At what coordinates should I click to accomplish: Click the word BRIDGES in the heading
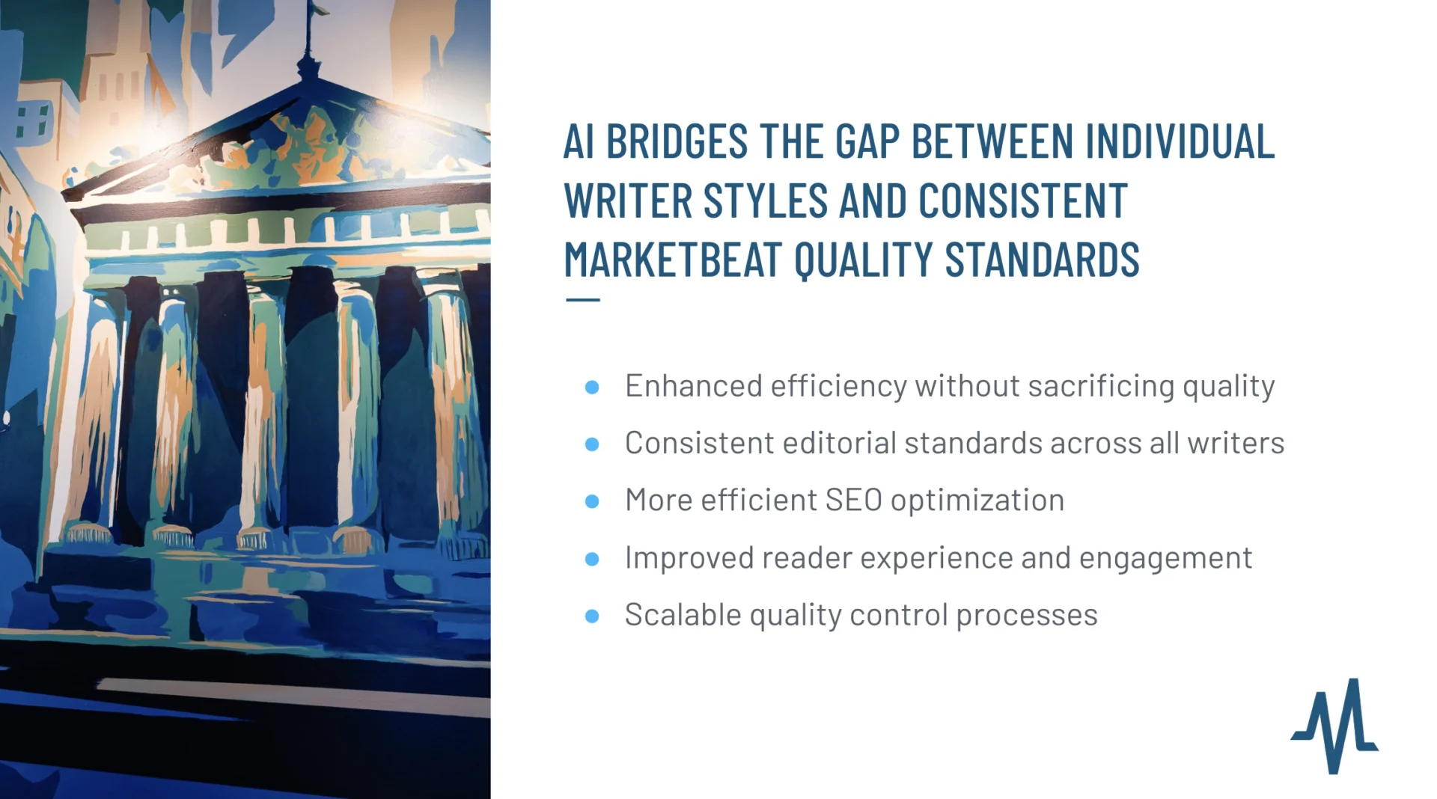click(x=677, y=141)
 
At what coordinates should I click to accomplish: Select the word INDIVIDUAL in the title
click(x=1180, y=141)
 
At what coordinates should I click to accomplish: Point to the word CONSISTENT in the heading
click(x=1022, y=200)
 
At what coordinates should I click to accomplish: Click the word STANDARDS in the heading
click(x=1042, y=259)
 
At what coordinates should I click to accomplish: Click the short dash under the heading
click(x=583, y=300)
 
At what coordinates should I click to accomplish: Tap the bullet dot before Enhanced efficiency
click(x=592, y=387)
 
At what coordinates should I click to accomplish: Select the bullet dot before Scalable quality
click(x=592, y=616)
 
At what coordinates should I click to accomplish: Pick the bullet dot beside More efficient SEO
click(x=592, y=501)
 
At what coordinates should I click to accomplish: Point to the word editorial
click(x=839, y=443)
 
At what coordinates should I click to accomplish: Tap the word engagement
click(x=1165, y=558)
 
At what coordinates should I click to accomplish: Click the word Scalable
click(x=683, y=615)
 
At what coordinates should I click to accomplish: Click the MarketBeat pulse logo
click(x=1334, y=725)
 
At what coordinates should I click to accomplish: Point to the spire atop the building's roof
click(x=307, y=37)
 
